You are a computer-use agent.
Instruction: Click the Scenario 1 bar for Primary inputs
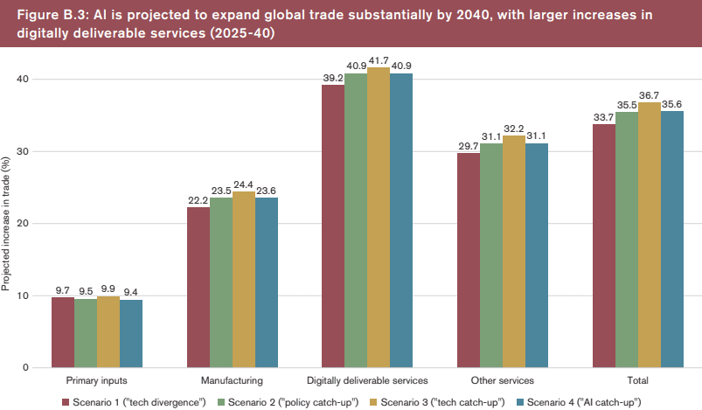pos(63,332)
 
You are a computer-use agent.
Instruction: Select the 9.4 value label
pos(131,292)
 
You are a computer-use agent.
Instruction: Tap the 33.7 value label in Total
pos(603,116)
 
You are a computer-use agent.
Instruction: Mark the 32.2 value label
pos(514,127)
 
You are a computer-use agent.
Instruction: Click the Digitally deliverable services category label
pos(367,381)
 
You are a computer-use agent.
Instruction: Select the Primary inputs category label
pos(97,381)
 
